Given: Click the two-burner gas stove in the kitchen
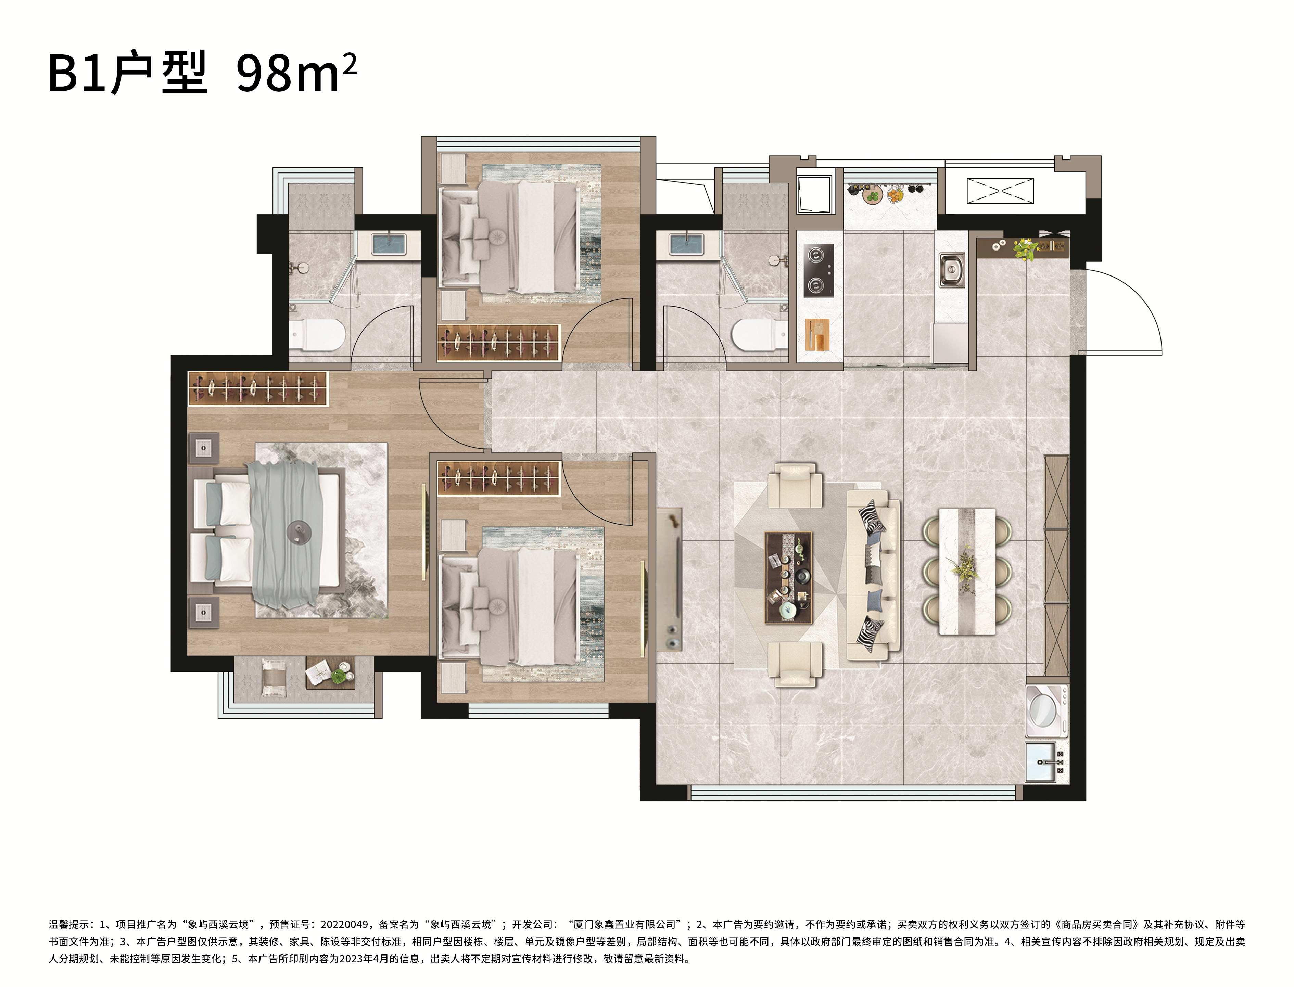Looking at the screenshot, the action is (819, 270).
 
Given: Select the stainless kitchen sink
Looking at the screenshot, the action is (951, 270).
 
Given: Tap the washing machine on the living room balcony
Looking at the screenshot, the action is (1046, 711).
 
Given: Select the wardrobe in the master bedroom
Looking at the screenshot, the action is (257, 388).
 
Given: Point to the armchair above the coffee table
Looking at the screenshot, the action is (795, 485).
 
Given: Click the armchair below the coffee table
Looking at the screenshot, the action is (795, 664).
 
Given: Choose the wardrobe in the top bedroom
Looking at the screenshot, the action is (498, 343).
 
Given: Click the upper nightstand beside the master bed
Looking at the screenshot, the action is (203, 448).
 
